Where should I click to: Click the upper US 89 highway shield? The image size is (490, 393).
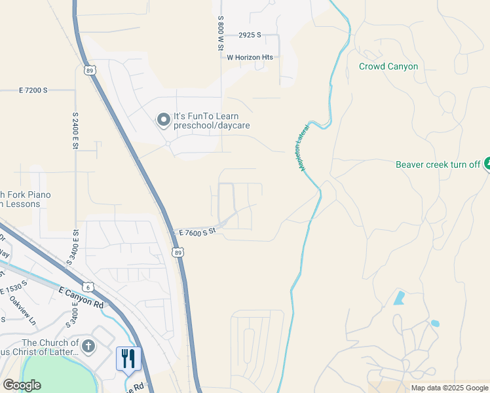pos(88,70)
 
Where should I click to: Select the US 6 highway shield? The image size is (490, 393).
pos(87,286)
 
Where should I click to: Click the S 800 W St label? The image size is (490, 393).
pos(221,34)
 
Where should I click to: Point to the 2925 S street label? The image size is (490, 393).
pos(250,35)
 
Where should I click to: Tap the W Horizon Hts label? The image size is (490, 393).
pos(250,58)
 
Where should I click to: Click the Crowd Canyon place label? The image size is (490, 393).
pos(388,66)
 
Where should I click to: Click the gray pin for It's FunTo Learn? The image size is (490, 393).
pos(162,119)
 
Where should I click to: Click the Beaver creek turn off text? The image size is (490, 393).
pos(438,164)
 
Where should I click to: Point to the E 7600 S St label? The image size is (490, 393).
pos(197,233)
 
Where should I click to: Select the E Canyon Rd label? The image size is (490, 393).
pos(81,297)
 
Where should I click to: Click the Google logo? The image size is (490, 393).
pos(22,385)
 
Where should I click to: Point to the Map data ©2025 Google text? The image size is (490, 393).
pos(449,388)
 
